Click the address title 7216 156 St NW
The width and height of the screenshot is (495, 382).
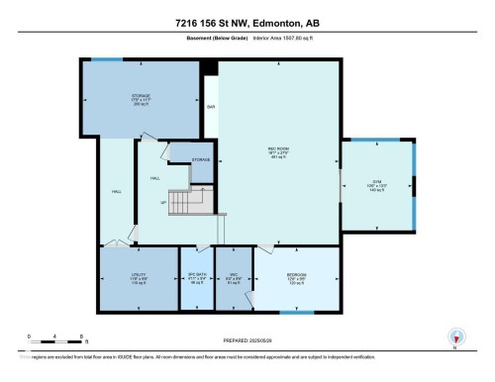(247, 23)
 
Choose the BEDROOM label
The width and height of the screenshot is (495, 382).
(296, 276)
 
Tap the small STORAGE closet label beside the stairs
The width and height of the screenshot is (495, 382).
(201, 158)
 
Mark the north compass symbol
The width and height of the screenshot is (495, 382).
(455, 336)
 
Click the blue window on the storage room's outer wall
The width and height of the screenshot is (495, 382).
(107, 58)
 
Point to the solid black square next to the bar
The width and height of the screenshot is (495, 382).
(209, 68)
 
